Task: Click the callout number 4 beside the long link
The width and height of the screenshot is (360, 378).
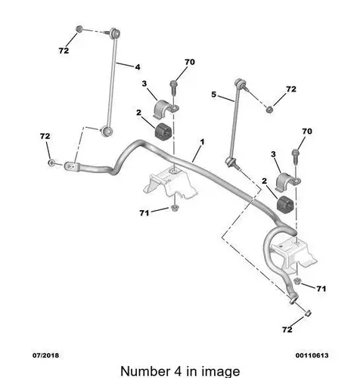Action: [138, 67]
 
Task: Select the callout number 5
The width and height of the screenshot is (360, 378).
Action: [214, 94]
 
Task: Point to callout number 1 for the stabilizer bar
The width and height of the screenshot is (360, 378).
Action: [202, 142]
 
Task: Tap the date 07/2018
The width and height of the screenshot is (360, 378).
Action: [45, 355]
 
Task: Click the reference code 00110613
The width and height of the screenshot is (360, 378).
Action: [312, 355]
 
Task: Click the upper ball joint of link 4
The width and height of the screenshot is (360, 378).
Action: [115, 33]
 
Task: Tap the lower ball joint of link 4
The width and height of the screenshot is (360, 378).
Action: [107, 131]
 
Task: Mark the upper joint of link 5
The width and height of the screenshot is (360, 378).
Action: [241, 83]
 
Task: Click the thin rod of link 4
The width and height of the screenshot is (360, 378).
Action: [112, 82]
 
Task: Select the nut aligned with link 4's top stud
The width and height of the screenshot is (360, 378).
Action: [79, 29]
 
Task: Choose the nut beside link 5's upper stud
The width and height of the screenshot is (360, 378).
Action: [269, 110]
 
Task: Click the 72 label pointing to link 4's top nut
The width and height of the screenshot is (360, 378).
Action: [64, 51]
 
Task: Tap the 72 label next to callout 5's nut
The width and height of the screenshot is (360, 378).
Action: [291, 89]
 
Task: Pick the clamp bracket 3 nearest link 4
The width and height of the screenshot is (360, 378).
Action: [166, 109]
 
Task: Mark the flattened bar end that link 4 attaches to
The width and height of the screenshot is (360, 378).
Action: [72, 166]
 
